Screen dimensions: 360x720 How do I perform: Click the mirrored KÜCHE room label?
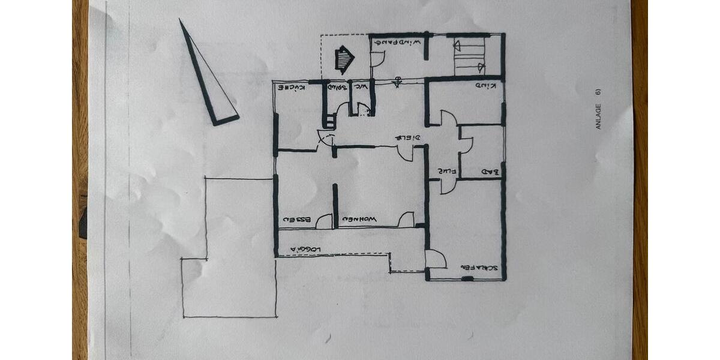point(291,88)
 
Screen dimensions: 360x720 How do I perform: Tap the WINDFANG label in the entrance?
point(396,42)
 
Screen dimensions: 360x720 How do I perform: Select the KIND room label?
point(485,86)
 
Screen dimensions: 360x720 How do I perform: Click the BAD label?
point(492,173)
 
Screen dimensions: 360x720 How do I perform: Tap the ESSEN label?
point(298,220)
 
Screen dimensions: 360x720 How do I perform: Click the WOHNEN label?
point(359,220)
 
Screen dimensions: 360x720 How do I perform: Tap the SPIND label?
point(337,88)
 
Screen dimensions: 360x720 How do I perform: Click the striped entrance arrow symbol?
point(344,59)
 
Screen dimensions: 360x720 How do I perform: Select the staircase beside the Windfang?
point(469,56)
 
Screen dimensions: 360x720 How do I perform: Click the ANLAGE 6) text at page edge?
point(598,108)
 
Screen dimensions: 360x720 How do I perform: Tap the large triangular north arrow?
point(207,78)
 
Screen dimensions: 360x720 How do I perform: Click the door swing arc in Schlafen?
point(436,260)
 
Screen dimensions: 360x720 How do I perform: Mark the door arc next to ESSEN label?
point(324,221)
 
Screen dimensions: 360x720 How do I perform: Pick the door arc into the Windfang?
point(377,59)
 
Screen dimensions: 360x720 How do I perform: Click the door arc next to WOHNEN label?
point(406,220)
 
